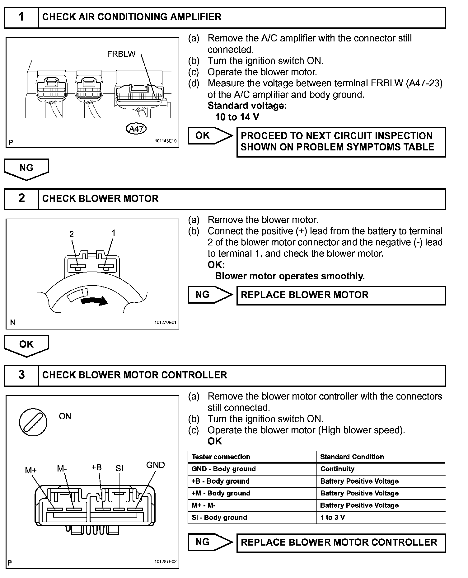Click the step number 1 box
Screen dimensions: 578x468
tap(21, 17)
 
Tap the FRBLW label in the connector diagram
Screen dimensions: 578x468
tap(121, 54)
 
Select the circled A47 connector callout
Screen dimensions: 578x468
tap(136, 129)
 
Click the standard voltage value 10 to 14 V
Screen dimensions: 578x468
tap(237, 117)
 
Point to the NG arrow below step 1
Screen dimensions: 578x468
tap(26, 169)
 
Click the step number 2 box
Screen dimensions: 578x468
tap(21, 198)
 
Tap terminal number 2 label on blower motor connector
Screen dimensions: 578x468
tap(72, 234)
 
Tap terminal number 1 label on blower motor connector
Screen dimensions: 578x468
tap(114, 233)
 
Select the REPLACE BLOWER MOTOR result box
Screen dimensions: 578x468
tap(341, 295)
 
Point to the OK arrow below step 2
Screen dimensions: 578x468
tap(26, 345)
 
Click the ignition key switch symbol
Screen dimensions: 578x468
tap(33, 422)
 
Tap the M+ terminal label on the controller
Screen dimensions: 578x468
tap(31, 470)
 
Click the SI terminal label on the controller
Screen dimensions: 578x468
tap(119, 468)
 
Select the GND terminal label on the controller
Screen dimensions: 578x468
tap(155, 465)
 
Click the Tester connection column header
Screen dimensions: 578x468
tap(221, 457)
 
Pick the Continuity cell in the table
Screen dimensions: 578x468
tap(337, 469)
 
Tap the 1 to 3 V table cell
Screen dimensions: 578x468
tap(332, 518)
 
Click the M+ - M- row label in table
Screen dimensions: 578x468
tap(204, 505)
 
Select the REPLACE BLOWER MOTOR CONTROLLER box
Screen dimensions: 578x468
tap(341, 542)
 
